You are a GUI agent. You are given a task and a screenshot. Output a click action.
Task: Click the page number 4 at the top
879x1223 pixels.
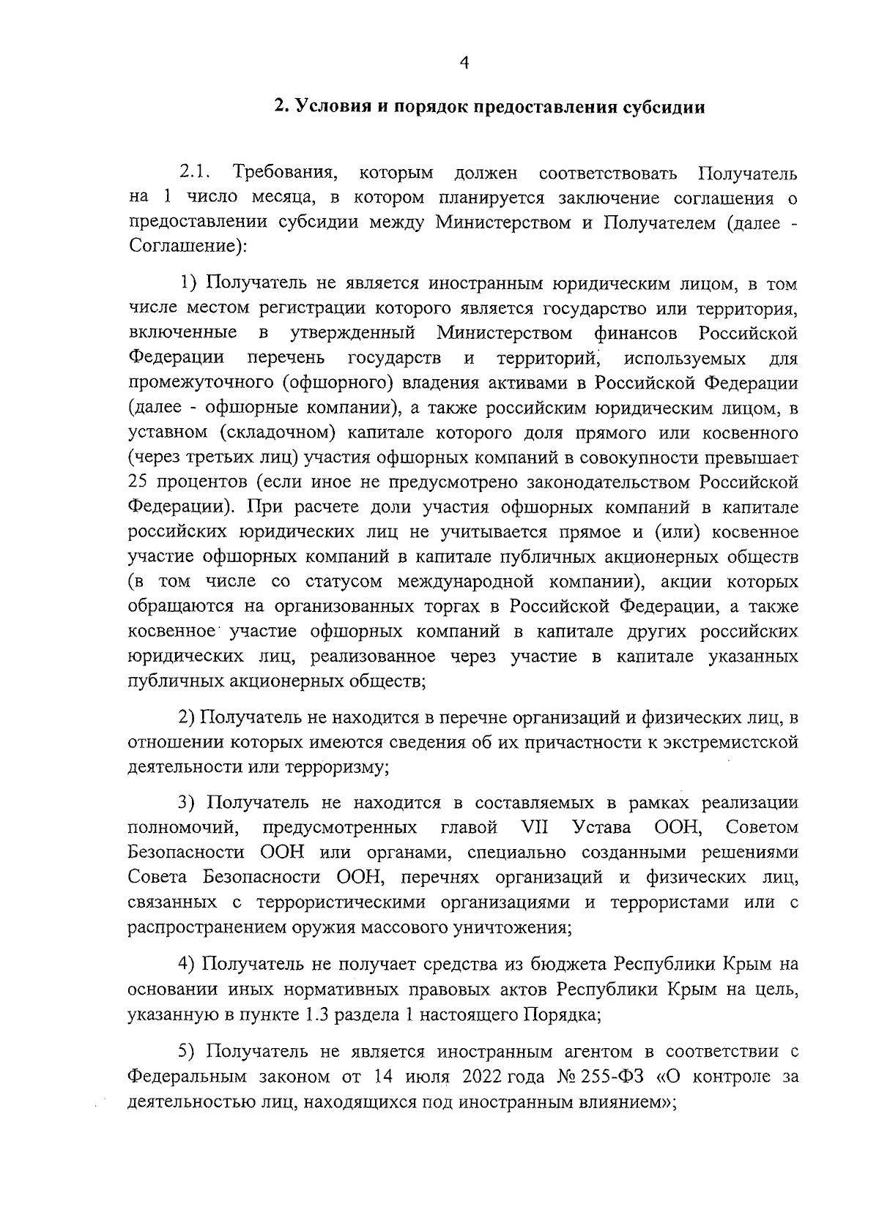(x=463, y=64)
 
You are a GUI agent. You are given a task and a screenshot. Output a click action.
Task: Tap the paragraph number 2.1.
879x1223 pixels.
(x=195, y=173)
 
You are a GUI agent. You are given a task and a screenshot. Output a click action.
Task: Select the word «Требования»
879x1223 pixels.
(x=285, y=174)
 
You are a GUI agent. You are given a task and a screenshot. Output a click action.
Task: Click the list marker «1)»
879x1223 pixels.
(x=190, y=283)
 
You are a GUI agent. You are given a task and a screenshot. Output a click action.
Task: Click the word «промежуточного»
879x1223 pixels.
(x=198, y=384)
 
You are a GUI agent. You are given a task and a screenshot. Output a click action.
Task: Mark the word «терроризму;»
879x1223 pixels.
(x=336, y=768)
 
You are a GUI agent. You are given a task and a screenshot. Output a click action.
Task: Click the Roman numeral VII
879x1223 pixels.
(x=535, y=827)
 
